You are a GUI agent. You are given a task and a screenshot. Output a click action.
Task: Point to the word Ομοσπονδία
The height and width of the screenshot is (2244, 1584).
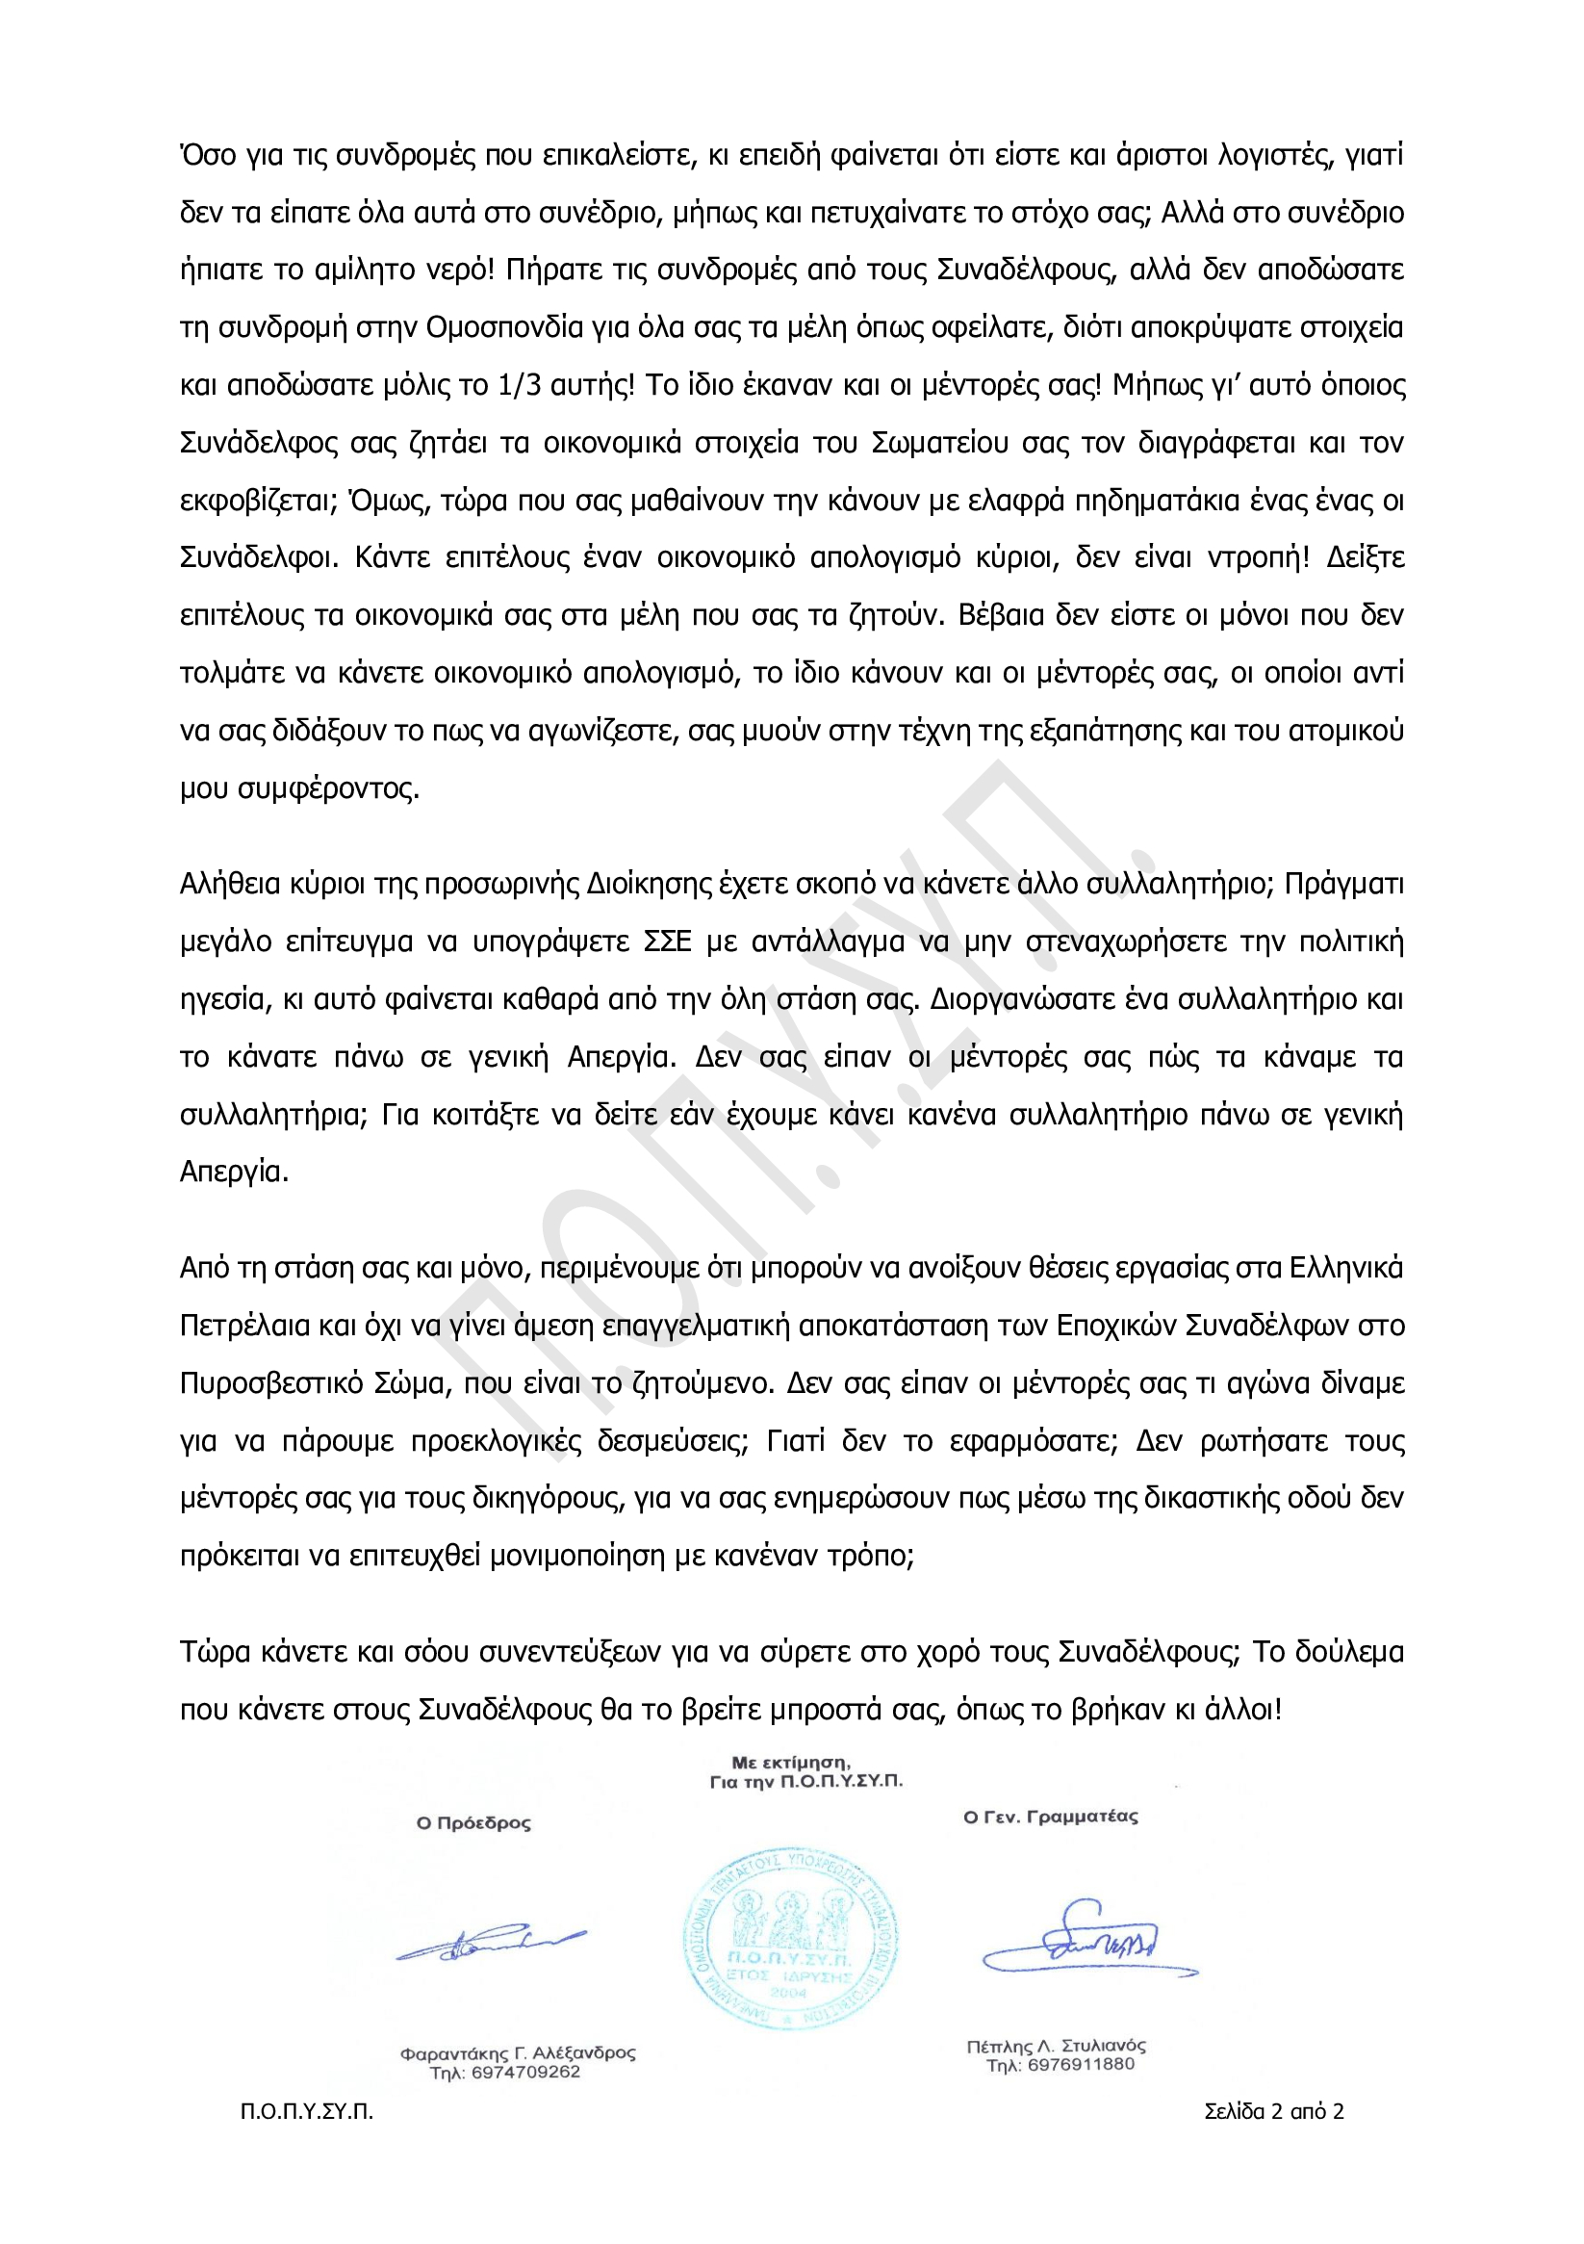pos(504,327)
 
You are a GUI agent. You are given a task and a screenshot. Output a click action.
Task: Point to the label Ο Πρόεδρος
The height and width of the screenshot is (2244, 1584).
pos(473,1822)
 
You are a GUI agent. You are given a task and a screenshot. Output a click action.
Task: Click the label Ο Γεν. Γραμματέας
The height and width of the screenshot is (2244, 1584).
pos(1051,1817)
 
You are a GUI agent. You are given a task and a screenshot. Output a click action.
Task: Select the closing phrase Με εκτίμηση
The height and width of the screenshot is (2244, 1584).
pos(790,1761)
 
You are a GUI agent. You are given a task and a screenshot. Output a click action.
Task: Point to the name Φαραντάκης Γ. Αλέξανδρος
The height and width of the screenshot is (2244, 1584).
pos(518,2053)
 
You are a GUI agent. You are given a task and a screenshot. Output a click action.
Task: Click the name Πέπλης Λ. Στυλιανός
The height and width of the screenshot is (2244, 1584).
pos(1057,2046)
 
